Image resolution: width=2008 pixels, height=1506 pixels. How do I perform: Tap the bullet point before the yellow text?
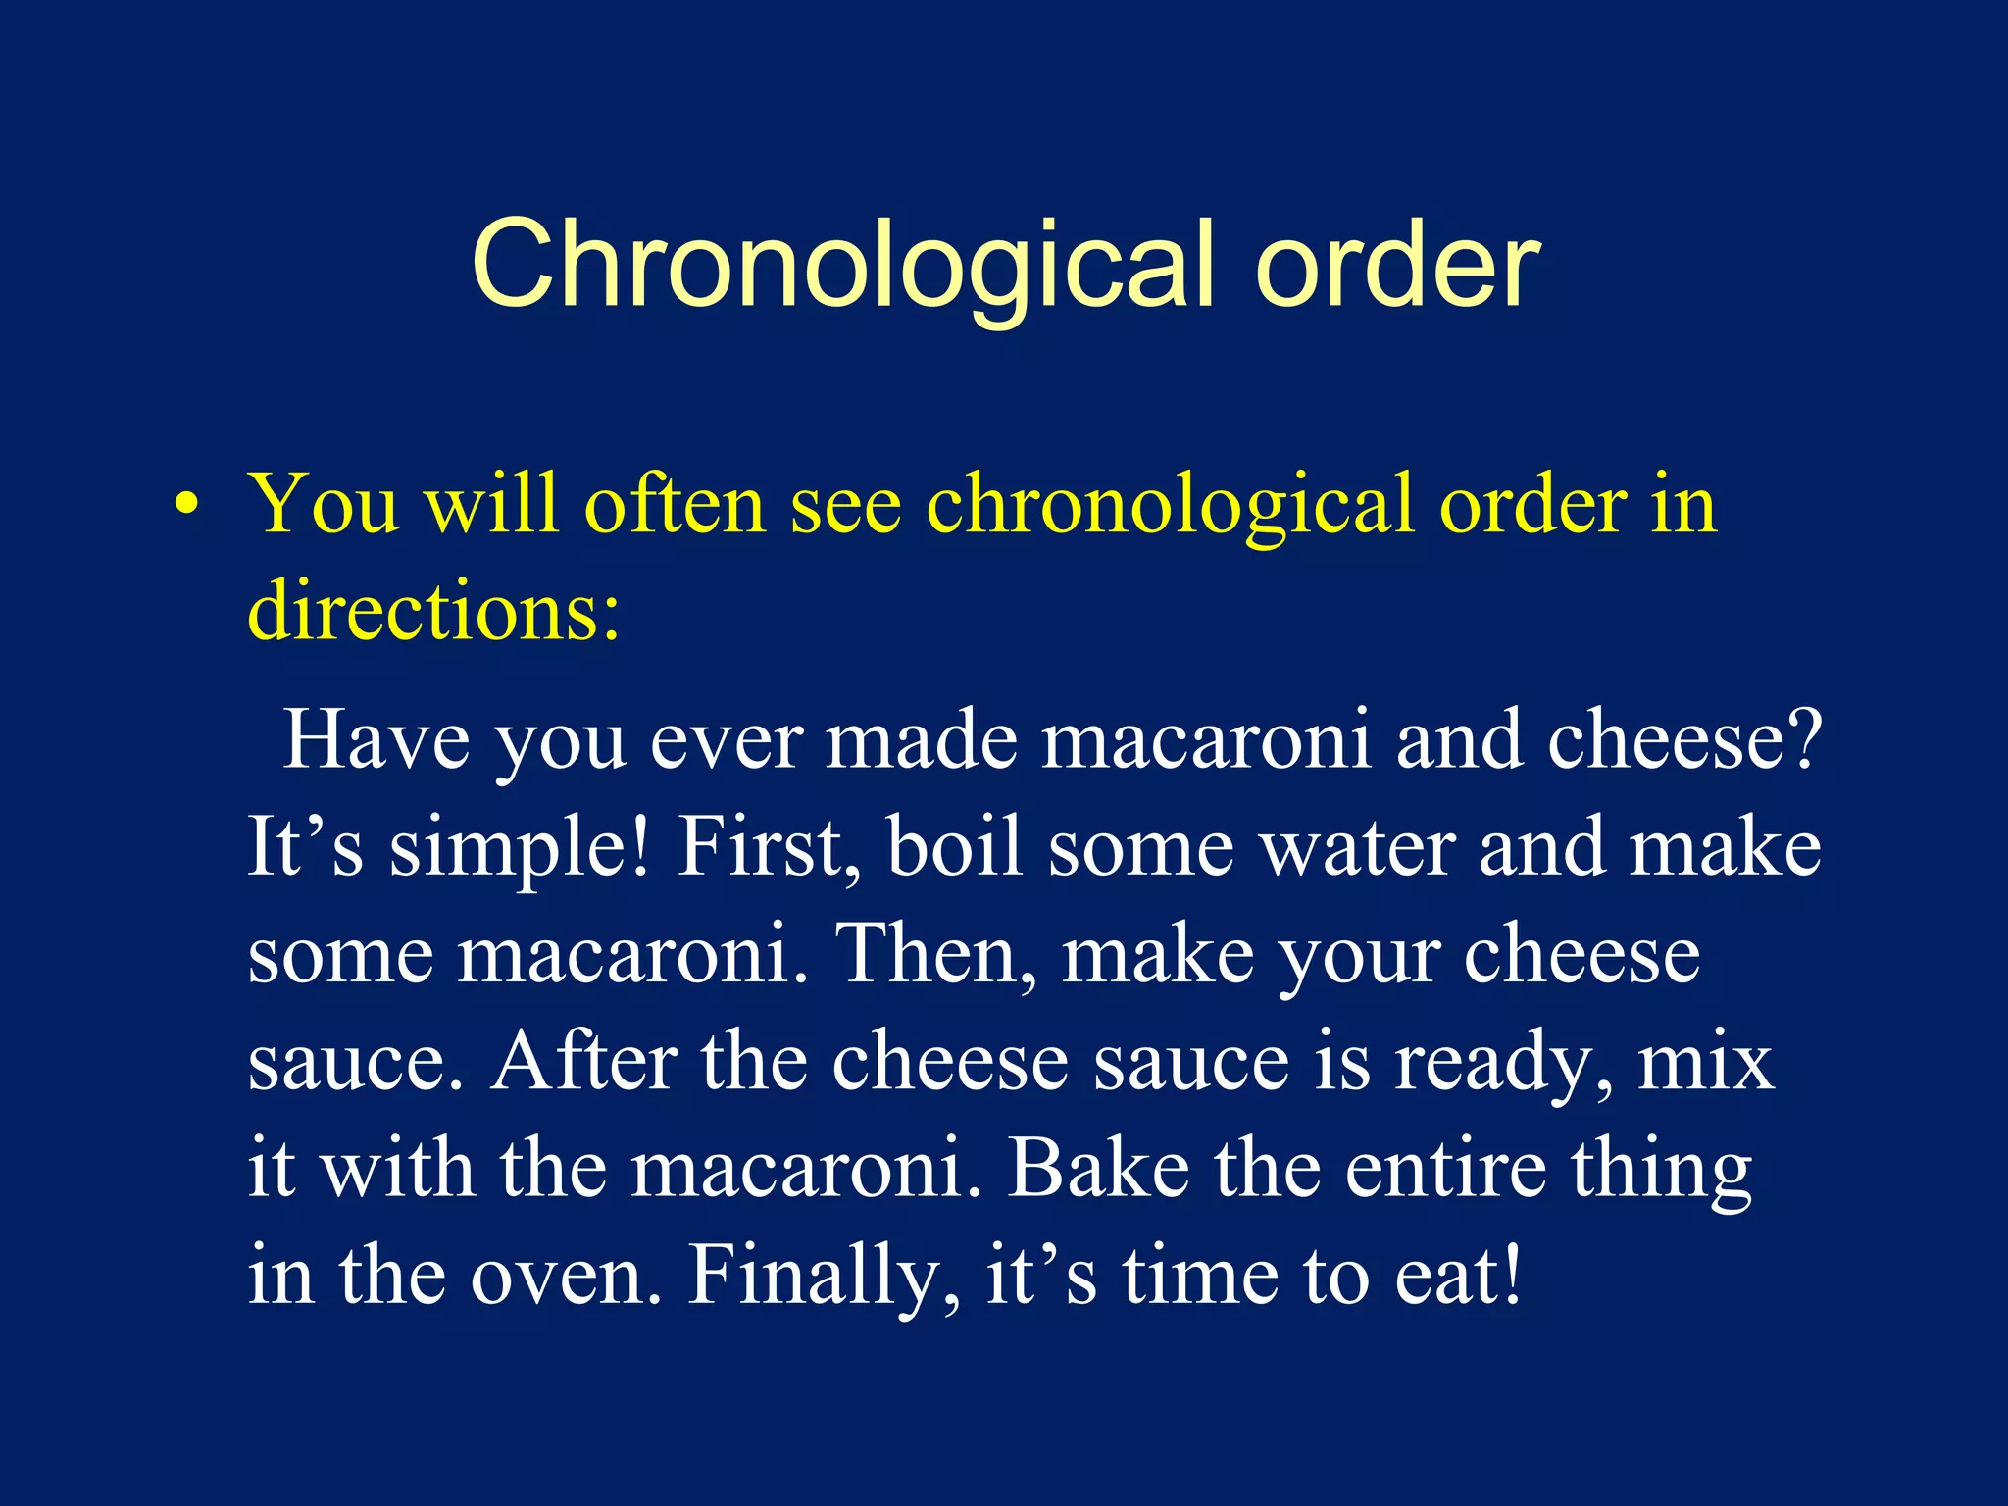[186, 506]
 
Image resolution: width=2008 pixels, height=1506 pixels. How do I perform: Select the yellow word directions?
[433, 610]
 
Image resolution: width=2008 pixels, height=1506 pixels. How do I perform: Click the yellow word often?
[674, 504]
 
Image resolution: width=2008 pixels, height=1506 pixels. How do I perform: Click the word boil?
[955, 847]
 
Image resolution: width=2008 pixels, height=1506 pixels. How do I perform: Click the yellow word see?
[845, 504]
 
